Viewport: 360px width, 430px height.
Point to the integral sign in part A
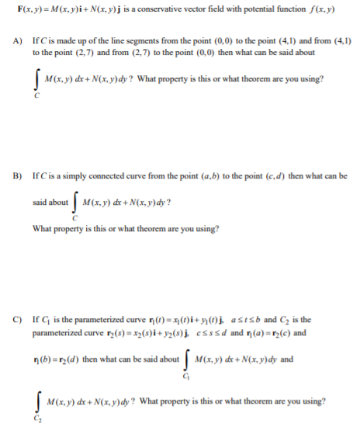click(x=37, y=78)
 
